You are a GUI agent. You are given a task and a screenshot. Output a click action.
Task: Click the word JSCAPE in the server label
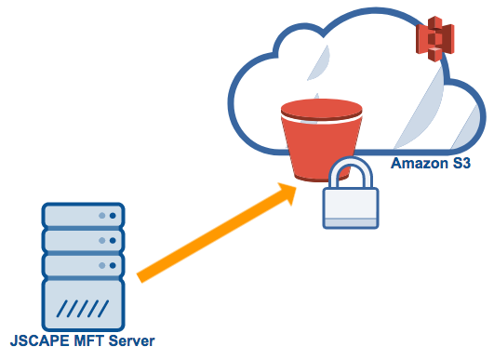34,341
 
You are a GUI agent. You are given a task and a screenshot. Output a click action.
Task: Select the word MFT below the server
88,341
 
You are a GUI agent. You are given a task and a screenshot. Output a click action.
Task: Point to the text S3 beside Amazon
460,164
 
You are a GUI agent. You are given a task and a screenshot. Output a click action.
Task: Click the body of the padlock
350,207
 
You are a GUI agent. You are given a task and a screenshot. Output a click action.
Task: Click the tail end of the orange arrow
142,275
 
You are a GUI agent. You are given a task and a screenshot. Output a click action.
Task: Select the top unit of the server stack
83,215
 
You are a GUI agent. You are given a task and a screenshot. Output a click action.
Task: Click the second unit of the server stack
83,240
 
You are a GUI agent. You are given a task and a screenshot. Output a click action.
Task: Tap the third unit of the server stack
83,265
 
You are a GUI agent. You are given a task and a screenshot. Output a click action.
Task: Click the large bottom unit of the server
83,305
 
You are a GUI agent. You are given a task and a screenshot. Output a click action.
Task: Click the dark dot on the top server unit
113,215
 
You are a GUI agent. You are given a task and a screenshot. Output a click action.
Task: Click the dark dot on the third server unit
113,265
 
